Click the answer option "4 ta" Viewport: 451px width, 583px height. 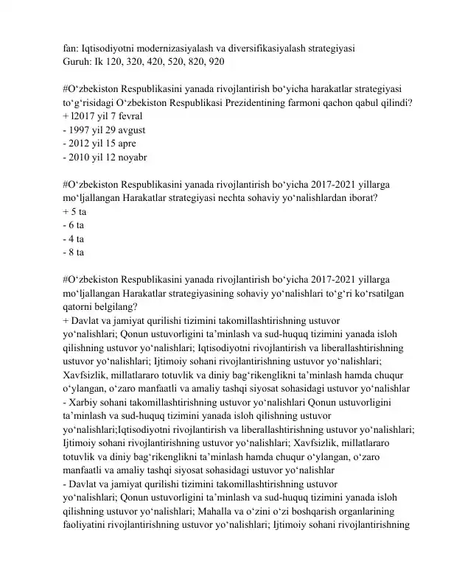(77, 239)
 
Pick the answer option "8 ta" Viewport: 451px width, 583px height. (77, 253)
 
